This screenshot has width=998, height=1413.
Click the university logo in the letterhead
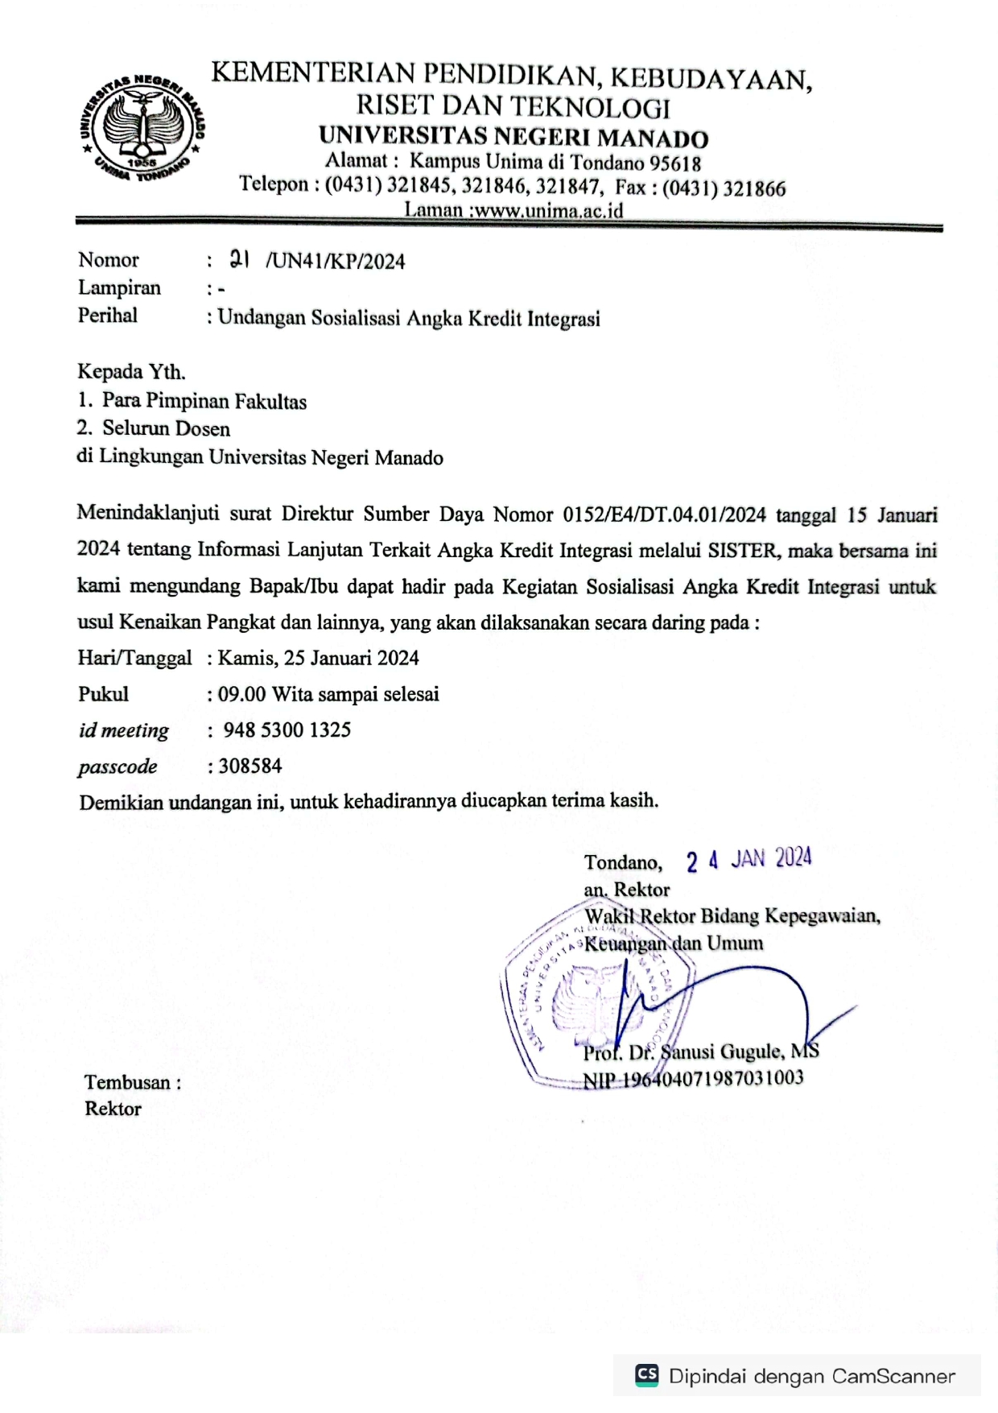pos(142,127)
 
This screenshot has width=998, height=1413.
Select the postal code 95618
pos(675,163)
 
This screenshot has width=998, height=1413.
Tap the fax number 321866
pos(754,189)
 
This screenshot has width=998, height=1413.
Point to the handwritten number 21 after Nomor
pos(239,259)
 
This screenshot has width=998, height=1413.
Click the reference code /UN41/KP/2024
pos(336,262)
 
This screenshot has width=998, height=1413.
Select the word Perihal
pos(107,316)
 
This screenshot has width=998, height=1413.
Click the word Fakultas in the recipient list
pos(270,402)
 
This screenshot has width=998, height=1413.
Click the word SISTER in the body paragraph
pos(742,551)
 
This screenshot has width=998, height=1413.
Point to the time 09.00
pos(241,694)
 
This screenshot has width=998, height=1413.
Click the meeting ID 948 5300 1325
pos(287,730)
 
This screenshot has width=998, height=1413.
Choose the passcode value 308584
pos(250,766)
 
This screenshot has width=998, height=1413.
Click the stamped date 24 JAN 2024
pos(748,860)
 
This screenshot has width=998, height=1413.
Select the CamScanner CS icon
pos(646,1374)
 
